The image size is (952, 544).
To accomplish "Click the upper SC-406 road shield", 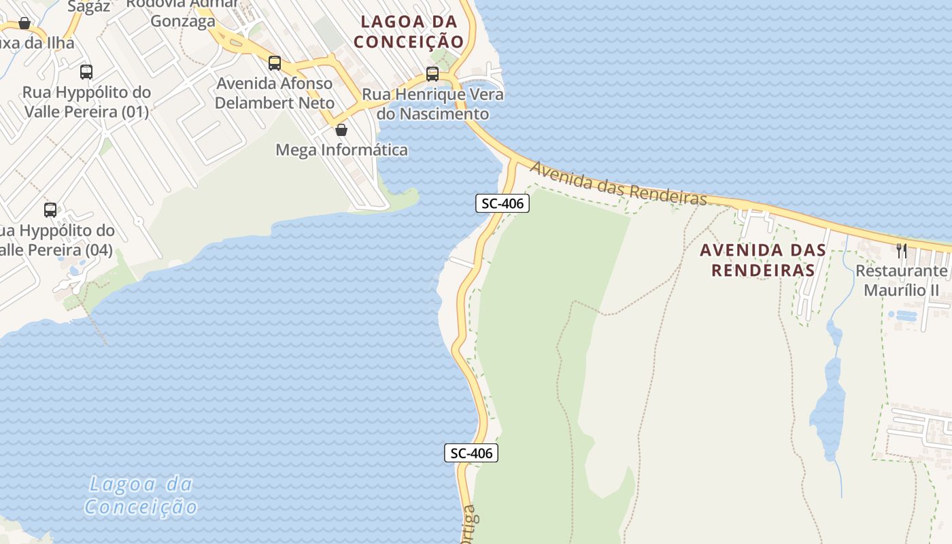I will (502, 203).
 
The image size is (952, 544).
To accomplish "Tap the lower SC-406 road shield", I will (471, 453).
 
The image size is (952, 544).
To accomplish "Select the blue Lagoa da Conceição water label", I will (141, 496).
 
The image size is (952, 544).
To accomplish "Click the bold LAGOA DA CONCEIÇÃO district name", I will (409, 31).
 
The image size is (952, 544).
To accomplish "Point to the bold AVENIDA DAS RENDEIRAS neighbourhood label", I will (763, 260).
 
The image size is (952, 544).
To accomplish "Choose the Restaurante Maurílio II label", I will (901, 281).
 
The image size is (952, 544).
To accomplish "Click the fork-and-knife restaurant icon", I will (902, 250).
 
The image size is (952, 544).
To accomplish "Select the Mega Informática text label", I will (341, 150).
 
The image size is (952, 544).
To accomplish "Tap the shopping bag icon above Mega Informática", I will (341, 129).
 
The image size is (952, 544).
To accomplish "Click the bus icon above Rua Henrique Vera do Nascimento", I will (432, 73).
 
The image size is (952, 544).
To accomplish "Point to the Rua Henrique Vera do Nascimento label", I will (433, 104).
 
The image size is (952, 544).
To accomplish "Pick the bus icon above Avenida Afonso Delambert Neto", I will (275, 63).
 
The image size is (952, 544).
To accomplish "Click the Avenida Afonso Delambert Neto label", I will (275, 93).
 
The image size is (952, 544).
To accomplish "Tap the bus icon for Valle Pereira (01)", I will (86, 71).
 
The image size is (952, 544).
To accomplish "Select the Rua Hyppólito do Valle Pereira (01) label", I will (86, 101).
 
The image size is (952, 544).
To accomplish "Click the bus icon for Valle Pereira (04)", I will (50, 209).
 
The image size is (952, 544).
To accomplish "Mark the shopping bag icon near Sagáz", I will (24, 24).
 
